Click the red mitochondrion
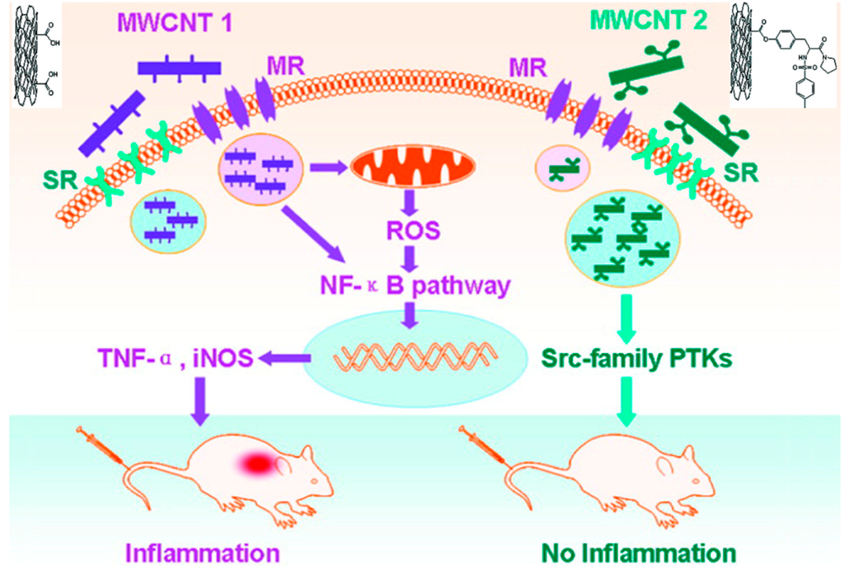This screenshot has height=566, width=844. pos(414,166)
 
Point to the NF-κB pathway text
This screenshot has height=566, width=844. pos(415,286)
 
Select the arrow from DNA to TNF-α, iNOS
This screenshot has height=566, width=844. pos(282,357)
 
